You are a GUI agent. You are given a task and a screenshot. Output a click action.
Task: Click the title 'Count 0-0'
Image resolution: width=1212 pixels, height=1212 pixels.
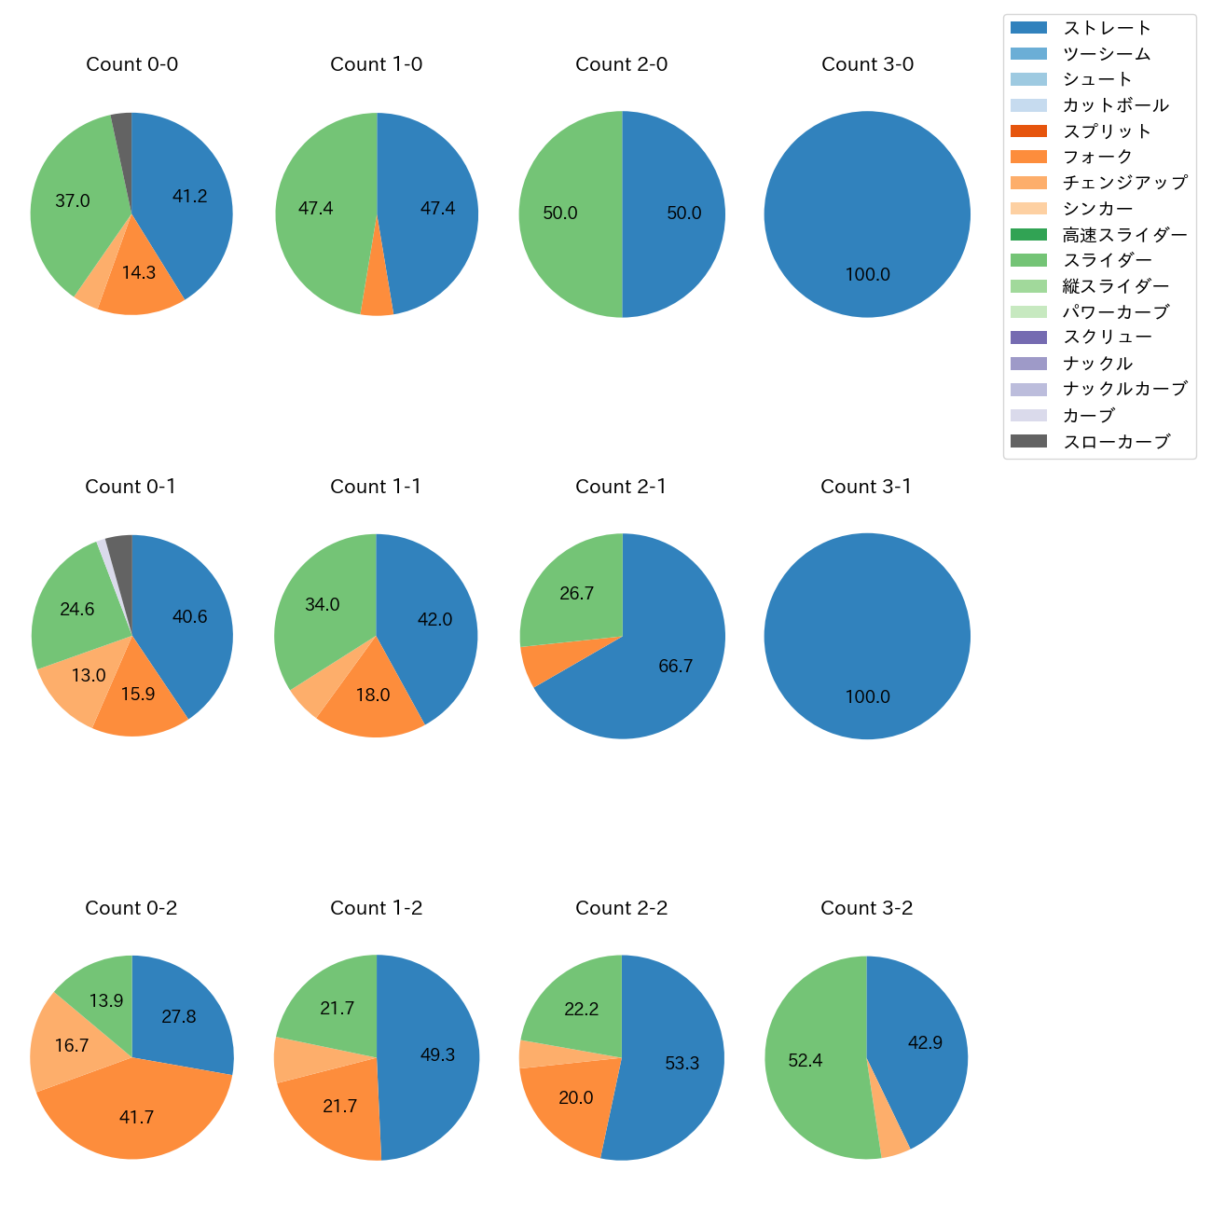point(131,64)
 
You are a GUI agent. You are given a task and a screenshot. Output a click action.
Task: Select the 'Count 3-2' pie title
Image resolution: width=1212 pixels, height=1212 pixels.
point(866,908)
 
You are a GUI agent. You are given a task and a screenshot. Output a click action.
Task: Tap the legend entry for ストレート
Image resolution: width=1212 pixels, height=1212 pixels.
point(1107,28)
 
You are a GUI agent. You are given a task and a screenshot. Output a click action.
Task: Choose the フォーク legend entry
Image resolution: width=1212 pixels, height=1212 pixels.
point(1097,157)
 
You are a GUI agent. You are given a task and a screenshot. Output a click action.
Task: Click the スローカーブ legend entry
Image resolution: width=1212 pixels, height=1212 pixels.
point(1116,442)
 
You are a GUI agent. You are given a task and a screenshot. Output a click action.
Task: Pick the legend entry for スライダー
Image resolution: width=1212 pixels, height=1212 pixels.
point(1107,260)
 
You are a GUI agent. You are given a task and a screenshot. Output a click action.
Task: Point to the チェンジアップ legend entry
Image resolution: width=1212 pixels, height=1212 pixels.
point(1124,183)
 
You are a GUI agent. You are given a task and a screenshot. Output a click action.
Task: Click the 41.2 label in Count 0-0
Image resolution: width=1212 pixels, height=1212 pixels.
point(190,197)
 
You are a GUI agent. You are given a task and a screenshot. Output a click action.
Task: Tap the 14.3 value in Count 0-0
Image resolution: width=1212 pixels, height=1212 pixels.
point(139,273)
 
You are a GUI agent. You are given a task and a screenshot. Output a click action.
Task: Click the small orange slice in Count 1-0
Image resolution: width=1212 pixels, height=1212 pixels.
point(377,298)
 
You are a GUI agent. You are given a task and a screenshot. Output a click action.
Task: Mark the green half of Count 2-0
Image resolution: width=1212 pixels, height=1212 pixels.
point(569,214)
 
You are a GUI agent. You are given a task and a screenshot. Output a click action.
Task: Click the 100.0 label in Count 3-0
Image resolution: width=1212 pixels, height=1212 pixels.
point(867,275)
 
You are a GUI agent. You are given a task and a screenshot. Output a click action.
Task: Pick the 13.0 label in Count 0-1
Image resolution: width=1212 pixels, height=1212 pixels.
point(89,676)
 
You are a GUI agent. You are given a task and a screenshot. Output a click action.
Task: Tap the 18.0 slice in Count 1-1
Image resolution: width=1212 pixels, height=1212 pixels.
point(372,696)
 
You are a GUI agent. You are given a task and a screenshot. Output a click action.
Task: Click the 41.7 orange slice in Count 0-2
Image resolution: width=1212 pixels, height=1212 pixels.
point(136,1118)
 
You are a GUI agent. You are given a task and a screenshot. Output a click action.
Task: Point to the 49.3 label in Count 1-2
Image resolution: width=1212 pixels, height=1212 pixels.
point(437,1055)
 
